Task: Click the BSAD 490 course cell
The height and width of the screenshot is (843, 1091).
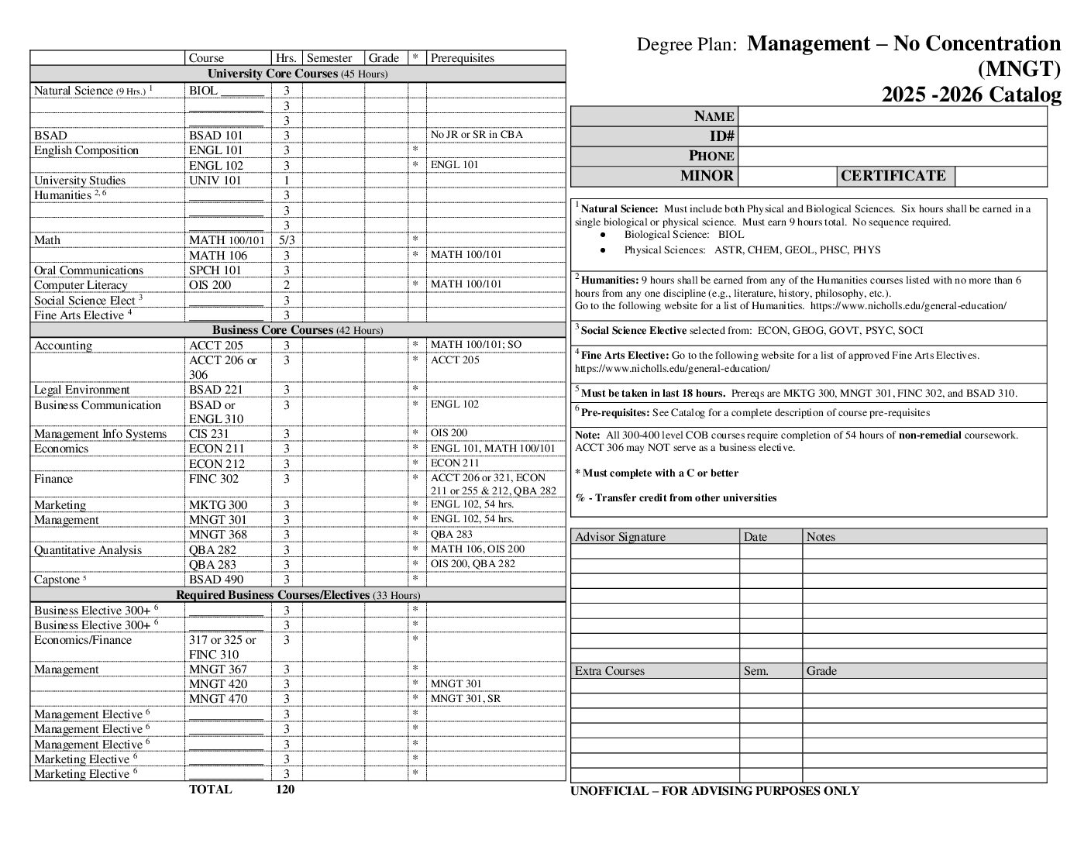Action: coord(216,580)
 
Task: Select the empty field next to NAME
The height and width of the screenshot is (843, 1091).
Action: coord(892,116)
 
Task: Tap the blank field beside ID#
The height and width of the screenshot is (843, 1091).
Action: coord(892,136)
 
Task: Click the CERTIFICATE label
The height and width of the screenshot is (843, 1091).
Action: coord(893,176)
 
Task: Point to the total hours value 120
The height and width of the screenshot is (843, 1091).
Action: coord(285,790)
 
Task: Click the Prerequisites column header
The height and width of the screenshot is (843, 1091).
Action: coord(462,58)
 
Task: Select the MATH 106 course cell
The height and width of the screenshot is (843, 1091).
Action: coord(218,255)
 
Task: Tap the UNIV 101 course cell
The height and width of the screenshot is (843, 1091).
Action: coord(215,181)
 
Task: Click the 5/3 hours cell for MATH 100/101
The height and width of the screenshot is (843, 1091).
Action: coord(286,240)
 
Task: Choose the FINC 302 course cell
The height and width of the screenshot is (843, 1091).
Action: coord(214,479)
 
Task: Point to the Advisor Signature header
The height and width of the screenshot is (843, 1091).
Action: coord(620,537)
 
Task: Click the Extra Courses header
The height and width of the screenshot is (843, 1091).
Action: coord(609,671)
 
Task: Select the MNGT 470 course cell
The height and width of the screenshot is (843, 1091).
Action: coord(218,699)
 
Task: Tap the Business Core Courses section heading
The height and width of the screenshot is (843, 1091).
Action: coord(298,330)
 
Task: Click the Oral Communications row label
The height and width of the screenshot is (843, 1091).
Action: coord(88,270)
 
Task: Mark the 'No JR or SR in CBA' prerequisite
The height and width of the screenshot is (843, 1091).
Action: coord(477,135)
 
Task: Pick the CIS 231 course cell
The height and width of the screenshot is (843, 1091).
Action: coord(209,434)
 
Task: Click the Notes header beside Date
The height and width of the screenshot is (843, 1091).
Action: coord(821,537)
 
